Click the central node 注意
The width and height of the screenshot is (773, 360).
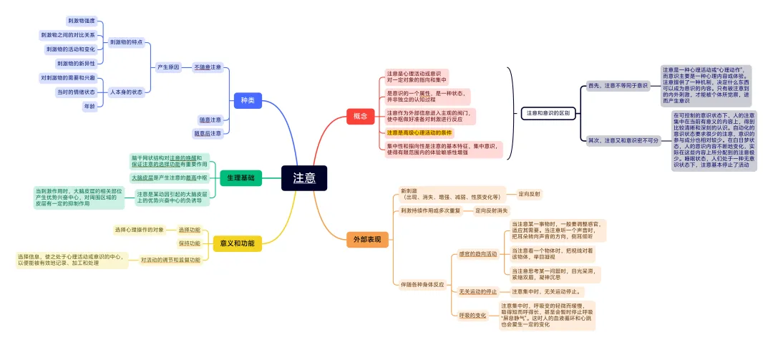click(x=304, y=178)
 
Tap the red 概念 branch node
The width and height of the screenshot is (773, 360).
click(x=360, y=115)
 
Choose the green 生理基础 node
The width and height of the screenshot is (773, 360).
click(x=241, y=177)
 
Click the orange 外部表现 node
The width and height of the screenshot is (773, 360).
click(x=367, y=238)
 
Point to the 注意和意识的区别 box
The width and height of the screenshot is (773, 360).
click(x=548, y=112)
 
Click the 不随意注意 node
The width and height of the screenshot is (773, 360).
click(x=208, y=67)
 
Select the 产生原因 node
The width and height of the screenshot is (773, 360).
click(x=168, y=67)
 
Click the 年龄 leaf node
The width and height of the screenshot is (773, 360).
click(x=89, y=106)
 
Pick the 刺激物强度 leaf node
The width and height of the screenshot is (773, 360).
click(x=81, y=21)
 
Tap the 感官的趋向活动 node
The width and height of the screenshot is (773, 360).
click(x=477, y=253)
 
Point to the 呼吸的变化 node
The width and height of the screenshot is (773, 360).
click(x=472, y=315)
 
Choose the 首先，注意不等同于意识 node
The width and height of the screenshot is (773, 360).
click(x=617, y=85)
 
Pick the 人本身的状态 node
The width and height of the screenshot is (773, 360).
click(x=126, y=92)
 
